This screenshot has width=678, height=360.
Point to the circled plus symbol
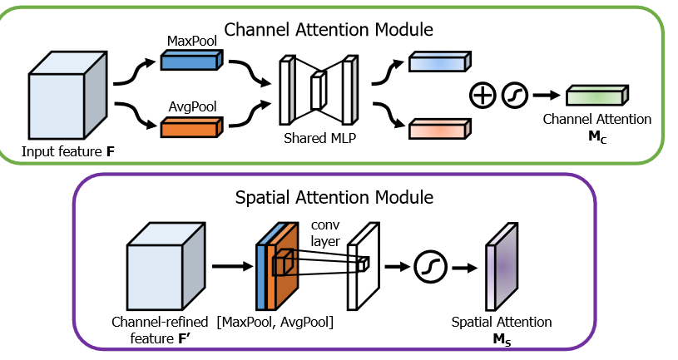pyautogui.click(x=483, y=96)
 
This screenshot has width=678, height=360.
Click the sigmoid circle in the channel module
pyautogui.click(x=515, y=96)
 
